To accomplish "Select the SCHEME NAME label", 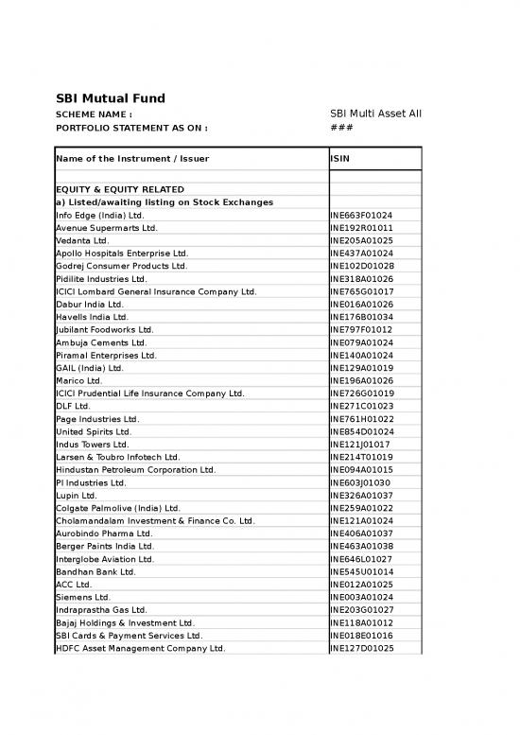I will coord(95,114).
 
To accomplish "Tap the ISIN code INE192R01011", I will coord(361,228).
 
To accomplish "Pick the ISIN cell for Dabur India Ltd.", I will coord(361,305).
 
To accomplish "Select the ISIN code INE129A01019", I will coord(361,368).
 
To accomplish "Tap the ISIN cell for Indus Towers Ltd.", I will coord(359,445).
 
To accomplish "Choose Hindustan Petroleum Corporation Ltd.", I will coord(135,470).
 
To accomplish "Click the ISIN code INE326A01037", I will coord(361,496).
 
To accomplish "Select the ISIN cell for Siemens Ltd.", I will coord(361,598).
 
